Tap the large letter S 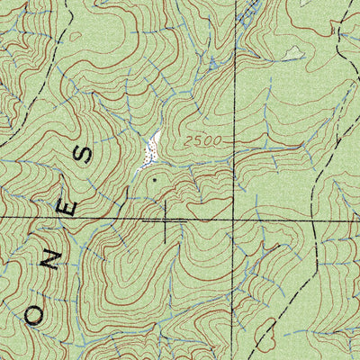[x=85, y=154]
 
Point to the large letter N [x=53, y=262]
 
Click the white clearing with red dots [x=150, y=149]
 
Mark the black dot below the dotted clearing [x=154, y=179]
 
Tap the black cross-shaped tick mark [x=166, y=219]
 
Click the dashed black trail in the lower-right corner [x=270, y=333]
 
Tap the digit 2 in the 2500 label [x=190, y=140]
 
